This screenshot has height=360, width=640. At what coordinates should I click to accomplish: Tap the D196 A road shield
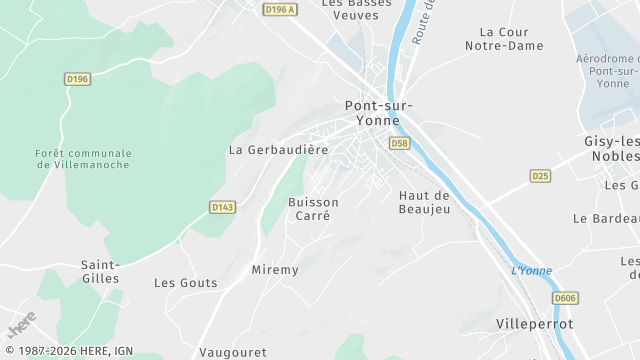pos(281,9)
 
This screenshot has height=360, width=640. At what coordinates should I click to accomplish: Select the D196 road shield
pos(76,78)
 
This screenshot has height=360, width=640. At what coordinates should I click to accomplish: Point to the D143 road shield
pos(222,207)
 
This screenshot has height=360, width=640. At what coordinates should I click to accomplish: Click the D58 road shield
pos(400,144)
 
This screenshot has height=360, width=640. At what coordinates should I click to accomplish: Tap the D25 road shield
pos(540,176)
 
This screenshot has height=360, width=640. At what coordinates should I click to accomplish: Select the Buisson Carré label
pos(313,209)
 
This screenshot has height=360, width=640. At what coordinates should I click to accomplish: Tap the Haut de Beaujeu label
pos(424,202)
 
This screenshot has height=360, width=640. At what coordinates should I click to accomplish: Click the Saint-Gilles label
pos(100,272)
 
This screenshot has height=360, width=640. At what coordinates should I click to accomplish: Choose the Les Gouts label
pos(185,283)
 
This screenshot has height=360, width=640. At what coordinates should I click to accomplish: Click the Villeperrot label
pos(535,325)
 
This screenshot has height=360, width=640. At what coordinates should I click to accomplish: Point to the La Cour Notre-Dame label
pos(511,39)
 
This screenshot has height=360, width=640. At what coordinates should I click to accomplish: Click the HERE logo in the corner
pos(21,326)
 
